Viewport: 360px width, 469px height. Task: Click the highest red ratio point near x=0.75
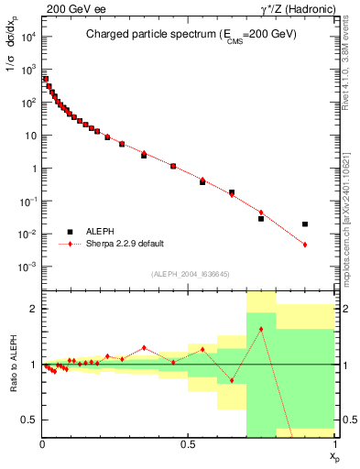coord(261,329)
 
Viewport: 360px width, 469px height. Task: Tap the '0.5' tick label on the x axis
coord(188,444)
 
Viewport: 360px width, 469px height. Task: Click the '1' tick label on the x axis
coord(334,444)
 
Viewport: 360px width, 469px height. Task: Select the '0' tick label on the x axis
coord(43,444)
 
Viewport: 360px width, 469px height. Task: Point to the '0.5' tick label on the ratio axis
coord(30,420)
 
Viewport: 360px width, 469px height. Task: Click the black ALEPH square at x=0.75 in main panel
coord(261,219)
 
